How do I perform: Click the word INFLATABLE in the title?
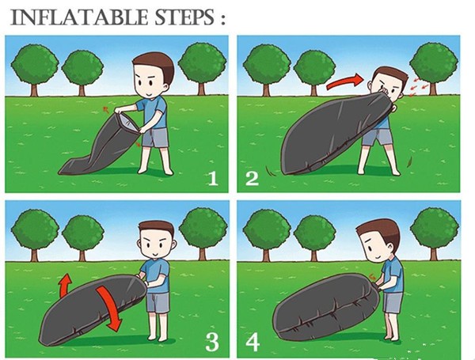pyautogui.click(x=80, y=17)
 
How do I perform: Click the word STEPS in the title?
pyautogui.click(x=184, y=17)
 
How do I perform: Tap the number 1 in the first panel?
pyautogui.click(x=213, y=178)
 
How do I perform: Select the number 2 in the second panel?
pyautogui.click(x=252, y=178)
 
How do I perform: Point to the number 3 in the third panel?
pyautogui.click(x=212, y=342)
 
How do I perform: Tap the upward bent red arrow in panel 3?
pyautogui.click(x=64, y=286)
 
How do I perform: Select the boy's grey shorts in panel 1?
pyautogui.click(x=155, y=138)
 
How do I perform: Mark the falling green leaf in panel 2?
pyautogui.click(x=410, y=161)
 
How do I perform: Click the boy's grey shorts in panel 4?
pyautogui.click(x=393, y=302)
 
